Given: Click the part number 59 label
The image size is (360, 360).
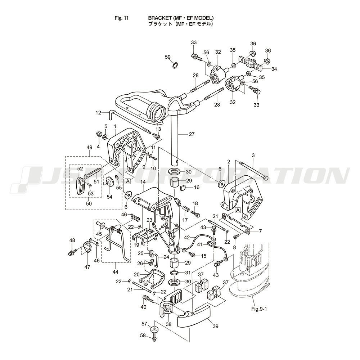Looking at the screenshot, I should point(168,57).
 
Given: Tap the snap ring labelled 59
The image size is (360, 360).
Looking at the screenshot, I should point(175,65).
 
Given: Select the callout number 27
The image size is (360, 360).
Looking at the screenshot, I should point(192,135).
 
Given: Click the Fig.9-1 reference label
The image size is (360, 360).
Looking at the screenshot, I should point(260,309).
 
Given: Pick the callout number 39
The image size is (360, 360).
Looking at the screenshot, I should point(215,326).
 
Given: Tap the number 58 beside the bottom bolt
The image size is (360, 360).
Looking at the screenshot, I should point(143,336).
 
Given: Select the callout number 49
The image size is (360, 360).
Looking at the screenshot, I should point(90,147).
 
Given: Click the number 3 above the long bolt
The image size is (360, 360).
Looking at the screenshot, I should point(253,155).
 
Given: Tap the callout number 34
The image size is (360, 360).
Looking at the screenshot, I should point(274,69).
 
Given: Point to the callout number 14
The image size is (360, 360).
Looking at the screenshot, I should point(143,183).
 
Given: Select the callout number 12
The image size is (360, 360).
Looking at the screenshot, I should point(99,113).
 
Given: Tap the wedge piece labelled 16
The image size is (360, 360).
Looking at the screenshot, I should point(183,187).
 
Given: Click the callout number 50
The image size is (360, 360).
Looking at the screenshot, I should point(89,203).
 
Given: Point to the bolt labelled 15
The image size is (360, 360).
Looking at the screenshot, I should point(193,255).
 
